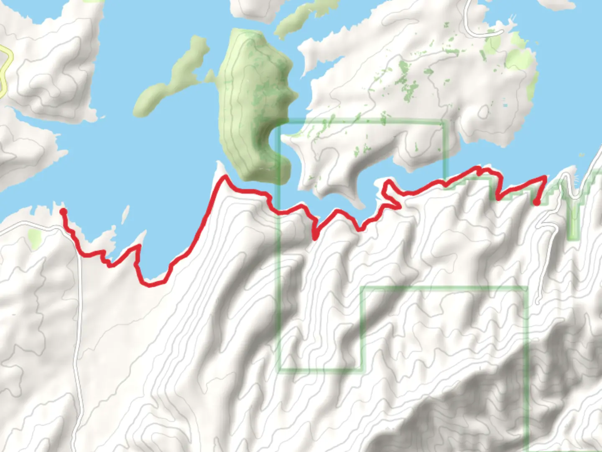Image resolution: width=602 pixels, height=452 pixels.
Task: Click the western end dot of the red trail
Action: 63,212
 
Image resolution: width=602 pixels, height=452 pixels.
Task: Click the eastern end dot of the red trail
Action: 536,203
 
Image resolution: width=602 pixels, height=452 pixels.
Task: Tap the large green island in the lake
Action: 255,105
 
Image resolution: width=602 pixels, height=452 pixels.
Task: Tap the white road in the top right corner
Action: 477,29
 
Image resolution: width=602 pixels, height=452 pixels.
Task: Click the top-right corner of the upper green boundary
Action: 444,123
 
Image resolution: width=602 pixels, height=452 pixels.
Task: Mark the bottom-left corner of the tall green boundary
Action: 279,369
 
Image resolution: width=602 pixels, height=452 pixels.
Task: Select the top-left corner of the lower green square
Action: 363,288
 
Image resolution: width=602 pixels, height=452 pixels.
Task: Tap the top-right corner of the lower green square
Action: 526,288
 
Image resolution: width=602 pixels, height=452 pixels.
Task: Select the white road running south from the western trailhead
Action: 77,335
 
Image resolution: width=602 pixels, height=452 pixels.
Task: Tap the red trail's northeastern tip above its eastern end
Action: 545,178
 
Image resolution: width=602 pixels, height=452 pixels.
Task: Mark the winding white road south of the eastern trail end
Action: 543,251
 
